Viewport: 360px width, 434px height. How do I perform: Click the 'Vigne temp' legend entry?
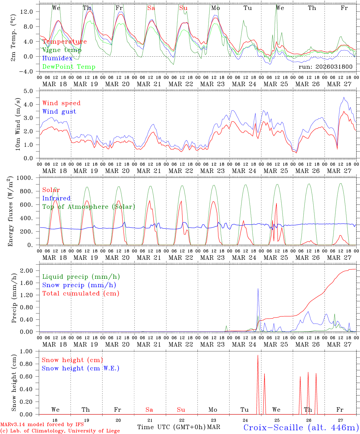click(62, 50)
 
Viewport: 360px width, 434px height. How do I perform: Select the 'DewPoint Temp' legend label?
click(69, 67)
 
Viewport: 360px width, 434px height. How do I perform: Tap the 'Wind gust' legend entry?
click(59, 112)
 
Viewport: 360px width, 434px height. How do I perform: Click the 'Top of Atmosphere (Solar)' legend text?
click(89, 207)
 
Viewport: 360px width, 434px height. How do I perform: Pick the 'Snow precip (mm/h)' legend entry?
click(79, 285)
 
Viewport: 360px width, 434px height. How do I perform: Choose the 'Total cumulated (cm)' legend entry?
click(81, 294)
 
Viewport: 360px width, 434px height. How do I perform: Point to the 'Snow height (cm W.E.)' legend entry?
click(81, 368)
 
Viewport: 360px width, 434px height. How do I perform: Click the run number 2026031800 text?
click(325, 67)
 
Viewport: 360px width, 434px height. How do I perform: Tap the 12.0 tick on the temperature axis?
click(30, 11)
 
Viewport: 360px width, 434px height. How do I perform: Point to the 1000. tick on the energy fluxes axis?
click(29, 178)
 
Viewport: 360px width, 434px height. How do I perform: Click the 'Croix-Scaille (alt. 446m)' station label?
click(301, 427)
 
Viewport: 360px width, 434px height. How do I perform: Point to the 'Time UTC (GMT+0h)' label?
click(172, 427)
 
